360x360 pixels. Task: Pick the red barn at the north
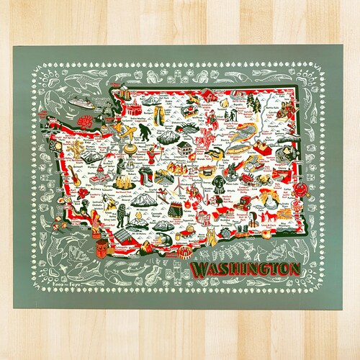tap(207, 95)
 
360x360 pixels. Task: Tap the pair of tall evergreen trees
tap(254, 105)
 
